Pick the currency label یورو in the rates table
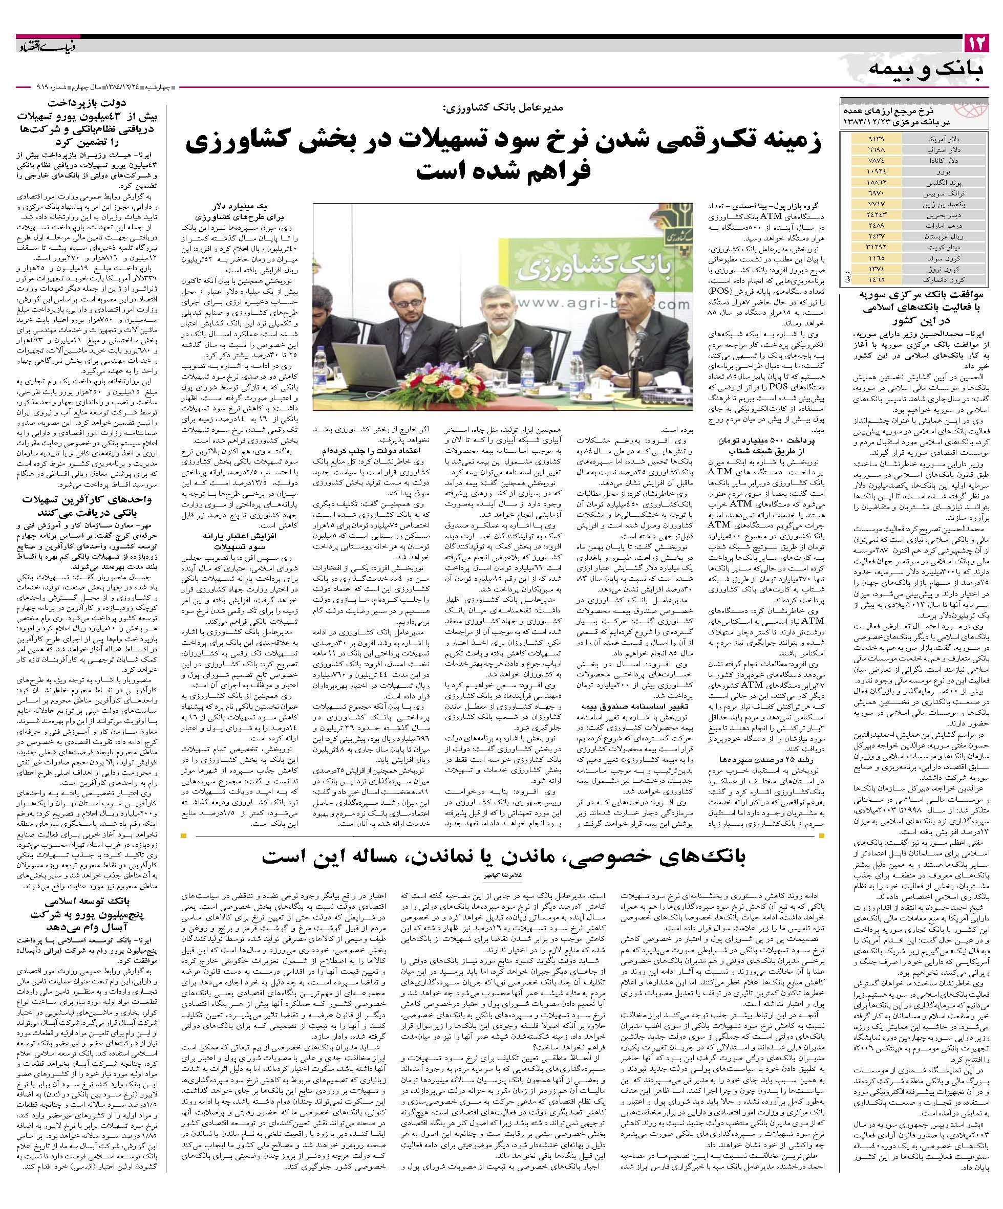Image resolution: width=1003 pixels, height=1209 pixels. pyautogui.click(x=944, y=172)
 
